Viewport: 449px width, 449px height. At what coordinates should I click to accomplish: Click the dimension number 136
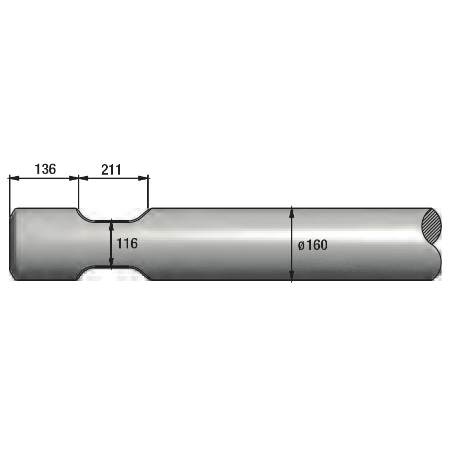pos(45,169)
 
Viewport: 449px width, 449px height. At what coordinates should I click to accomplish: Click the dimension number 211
pos(111,170)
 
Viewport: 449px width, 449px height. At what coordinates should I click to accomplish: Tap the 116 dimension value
pos(127,243)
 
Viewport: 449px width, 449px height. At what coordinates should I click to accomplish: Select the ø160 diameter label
pos(312,245)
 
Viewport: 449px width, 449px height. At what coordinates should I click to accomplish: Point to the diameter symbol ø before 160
pos(301,246)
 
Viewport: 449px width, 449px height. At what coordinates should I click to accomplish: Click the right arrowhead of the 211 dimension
pos(143,178)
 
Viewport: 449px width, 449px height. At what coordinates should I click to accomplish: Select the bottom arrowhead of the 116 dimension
pos(111,262)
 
